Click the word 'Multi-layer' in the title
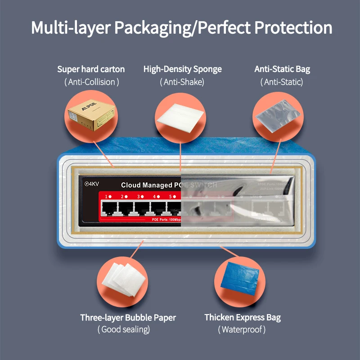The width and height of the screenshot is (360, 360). coord(70,27)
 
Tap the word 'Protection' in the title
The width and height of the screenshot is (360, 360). coord(293,27)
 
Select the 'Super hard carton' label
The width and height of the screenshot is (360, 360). coord(91,69)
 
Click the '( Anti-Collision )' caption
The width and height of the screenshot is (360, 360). coord(91,82)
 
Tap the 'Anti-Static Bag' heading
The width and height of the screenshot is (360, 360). coord(282,69)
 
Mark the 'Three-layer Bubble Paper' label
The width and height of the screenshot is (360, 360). coord(128,318)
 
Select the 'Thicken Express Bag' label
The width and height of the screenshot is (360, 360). coord(243,318)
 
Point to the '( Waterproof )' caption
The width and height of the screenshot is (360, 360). coord(242,330)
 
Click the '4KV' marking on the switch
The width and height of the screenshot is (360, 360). coord(91,184)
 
